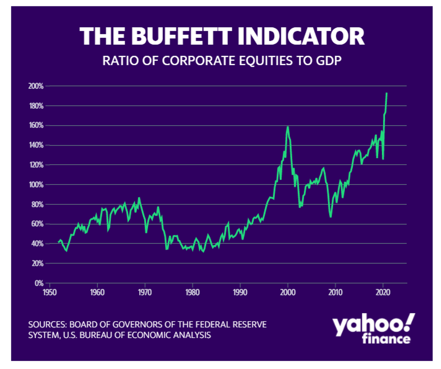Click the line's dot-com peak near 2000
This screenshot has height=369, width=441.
click(x=288, y=127)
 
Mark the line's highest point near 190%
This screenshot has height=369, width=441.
click(x=386, y=93)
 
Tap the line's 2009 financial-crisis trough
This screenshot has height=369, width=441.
click(x=330, y=217)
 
